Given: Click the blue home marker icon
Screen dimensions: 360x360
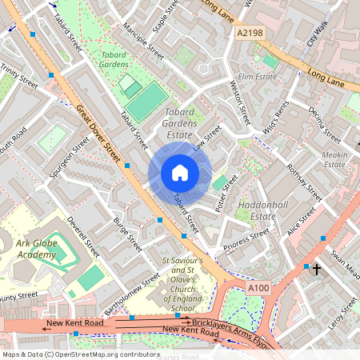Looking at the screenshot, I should pos(180,173).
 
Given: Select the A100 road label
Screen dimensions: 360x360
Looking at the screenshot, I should pos(258,288).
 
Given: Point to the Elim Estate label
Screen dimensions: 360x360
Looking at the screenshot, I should pos(257,77).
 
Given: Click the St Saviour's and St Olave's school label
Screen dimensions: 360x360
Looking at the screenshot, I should pos(188,284).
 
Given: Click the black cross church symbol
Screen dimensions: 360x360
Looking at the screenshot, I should pos(316,270).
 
